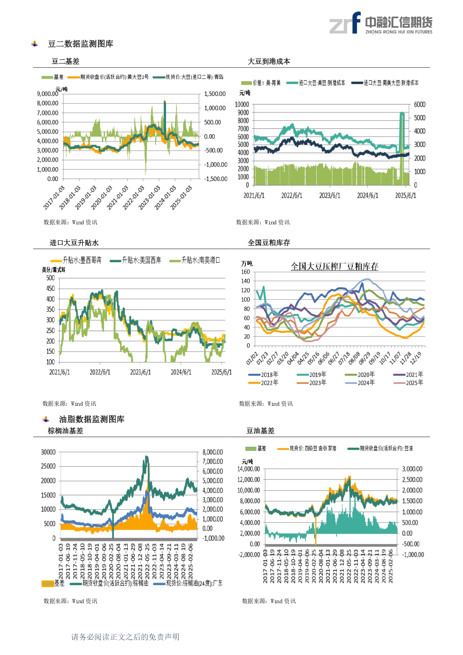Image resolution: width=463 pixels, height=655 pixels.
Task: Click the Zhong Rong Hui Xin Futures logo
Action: pos(381,23)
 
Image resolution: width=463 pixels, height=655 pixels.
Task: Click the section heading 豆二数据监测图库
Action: pos(80,44)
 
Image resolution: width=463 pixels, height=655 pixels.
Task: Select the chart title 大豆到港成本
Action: pos(269,62)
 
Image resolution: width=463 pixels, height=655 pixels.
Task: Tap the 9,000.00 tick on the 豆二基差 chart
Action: pos(47,94)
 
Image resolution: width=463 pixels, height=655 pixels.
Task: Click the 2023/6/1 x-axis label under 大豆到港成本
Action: pos(329,196)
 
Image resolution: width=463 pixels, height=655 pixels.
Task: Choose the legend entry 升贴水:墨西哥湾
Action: pos(82,260)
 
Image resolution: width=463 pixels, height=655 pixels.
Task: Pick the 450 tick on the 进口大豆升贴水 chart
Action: pos(50,288)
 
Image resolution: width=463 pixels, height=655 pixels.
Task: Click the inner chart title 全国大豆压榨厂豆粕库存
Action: pos(334,266)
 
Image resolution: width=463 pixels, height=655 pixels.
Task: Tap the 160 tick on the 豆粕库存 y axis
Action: pos(245,272)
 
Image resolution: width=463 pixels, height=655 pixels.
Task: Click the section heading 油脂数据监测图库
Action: pos(91,419)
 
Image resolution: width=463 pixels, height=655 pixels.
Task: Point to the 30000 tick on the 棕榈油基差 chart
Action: pos(48,452)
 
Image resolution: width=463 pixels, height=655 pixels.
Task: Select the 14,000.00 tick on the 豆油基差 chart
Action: pos(248,469)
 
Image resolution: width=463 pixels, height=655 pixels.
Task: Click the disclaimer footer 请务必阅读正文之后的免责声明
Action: pos(125,637)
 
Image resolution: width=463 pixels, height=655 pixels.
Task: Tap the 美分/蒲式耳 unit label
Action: pos(53,270)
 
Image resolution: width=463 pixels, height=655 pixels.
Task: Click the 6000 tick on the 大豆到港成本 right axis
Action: pos(419,105)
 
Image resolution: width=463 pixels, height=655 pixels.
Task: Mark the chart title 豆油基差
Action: pos(260,431)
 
